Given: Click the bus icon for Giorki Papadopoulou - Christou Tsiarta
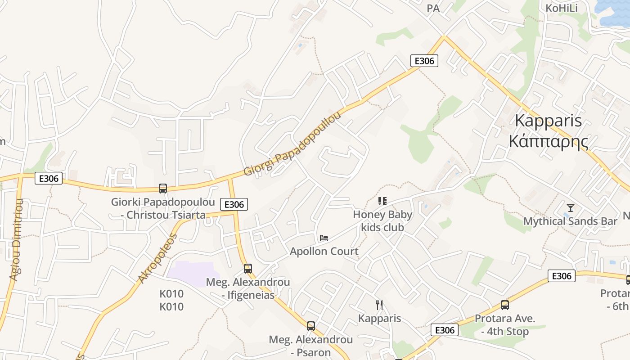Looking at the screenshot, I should [163, 189].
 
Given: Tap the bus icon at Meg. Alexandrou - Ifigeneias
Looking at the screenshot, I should [248, 269].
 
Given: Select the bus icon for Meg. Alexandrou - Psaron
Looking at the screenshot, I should [311, 326].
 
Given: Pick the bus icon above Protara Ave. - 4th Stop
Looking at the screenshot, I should [505, 305].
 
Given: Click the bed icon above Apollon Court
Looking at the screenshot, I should [324, 238].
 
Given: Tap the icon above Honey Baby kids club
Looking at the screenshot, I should [382, 201].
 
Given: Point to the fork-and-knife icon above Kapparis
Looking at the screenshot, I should [379, 305].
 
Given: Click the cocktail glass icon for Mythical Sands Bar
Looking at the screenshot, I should [571, 208].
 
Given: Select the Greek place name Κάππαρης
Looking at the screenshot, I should [548, 141].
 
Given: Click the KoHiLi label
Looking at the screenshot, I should [561, 8].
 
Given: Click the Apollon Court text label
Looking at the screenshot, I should [324, 251].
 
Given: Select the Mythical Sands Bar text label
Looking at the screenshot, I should [570, 221].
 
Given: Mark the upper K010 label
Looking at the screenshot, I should [171, 294].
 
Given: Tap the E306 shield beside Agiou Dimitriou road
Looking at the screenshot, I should [49, 179].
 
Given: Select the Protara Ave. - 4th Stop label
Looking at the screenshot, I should [505, 325].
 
